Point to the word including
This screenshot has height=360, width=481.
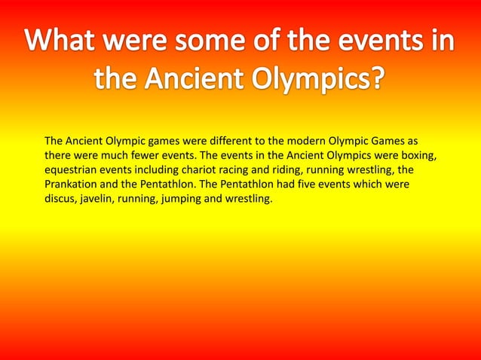click(149, 169)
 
